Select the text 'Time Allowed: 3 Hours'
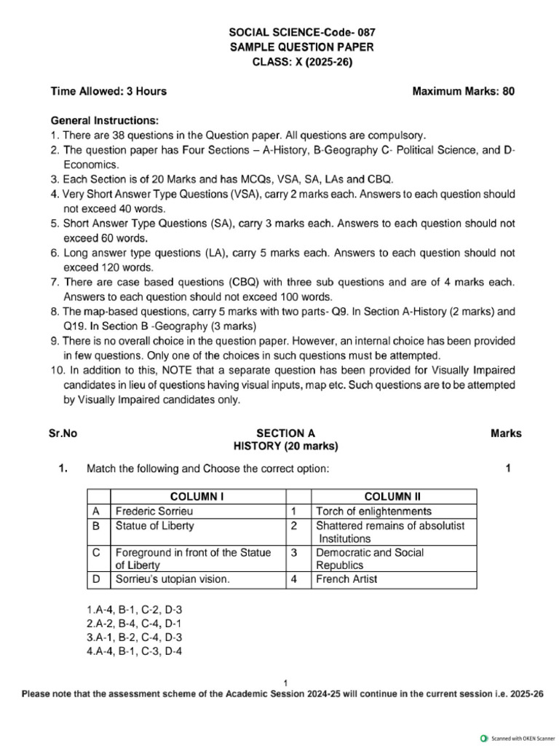click(108, 91)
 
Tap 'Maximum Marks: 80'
click(464, 91)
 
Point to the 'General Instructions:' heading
click(104, 120)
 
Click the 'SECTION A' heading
click(285, 433)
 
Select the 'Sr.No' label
click(63, 433)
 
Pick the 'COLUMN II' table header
click(394, 497)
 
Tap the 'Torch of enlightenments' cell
click(373, 511)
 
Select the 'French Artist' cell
click(346, 580)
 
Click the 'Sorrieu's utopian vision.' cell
click(173, 580)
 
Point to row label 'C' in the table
click(95, 553)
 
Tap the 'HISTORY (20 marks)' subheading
click(285, 446)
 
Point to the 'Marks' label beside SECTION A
click(506, 433)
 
